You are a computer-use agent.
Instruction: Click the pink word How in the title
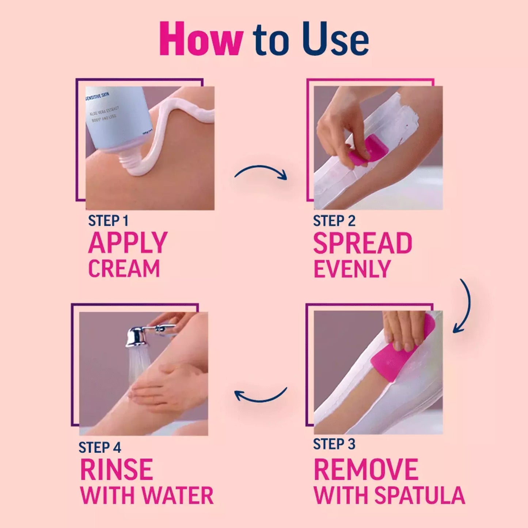[201, 39]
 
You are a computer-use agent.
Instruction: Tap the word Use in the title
[335, 39]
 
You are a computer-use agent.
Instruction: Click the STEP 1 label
[108, 221]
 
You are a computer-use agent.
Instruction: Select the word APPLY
[128, 243]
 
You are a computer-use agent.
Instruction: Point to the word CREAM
[124, 269]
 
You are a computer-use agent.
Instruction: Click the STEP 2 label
[334, 221]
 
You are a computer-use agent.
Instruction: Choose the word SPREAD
[362, 244]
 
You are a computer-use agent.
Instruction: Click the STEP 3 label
[334, 444]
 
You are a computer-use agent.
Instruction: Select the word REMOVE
[366, 470]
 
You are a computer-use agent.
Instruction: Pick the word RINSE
[116, 470]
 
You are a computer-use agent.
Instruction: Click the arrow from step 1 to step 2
[261, 172]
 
